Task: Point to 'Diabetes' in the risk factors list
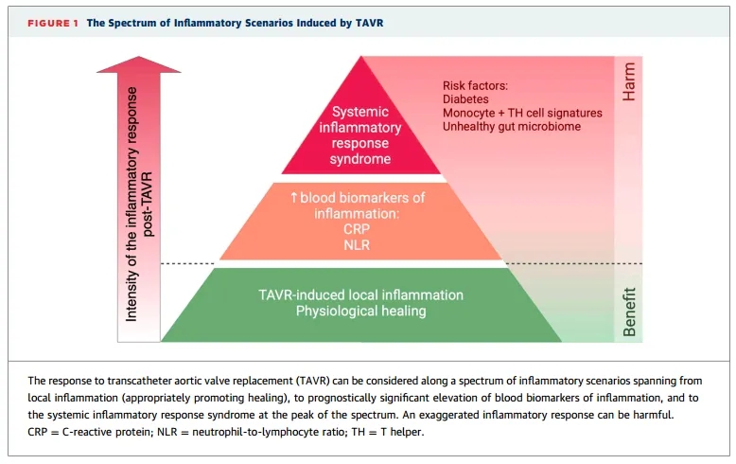click(466, 98)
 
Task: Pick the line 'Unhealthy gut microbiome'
click(512, 126)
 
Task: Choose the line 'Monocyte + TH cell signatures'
click(522, 112)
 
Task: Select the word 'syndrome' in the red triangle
click(360, 158)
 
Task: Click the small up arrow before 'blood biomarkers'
click(294, 198)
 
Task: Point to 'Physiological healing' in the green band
click(360, 311)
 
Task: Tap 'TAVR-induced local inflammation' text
click(360, 295)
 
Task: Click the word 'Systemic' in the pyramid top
click(360, 112)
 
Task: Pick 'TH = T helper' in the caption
click(391, 432)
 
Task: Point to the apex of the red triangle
click(360, 60)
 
